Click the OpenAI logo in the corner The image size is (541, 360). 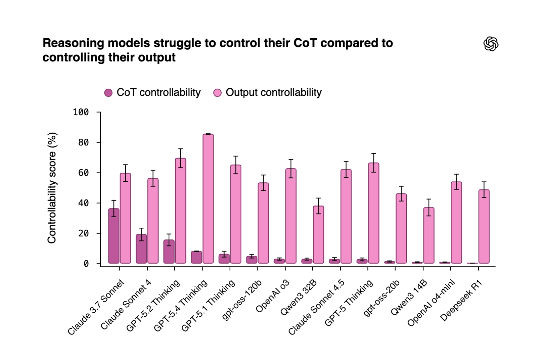(491, 44)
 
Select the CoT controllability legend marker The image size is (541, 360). (108, 93)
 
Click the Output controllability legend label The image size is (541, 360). (274, 92)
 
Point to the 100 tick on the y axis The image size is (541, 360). (81, 112)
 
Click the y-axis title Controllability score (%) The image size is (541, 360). (52, 188)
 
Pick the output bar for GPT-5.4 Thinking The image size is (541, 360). (208, 199)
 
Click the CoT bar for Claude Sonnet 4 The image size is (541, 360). (141, 249)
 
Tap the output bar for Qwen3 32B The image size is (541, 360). (319, 234)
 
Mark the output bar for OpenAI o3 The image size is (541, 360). (291, 216)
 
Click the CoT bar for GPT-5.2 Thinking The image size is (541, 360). (169, 251)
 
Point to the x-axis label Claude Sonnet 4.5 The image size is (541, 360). (316, 307)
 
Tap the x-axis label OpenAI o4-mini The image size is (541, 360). (431, 303)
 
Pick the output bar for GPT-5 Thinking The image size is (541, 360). (374, 213)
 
